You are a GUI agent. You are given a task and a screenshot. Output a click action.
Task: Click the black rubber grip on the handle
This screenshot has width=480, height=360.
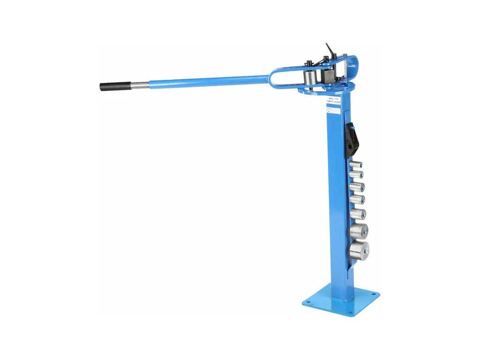[x=111, y=86]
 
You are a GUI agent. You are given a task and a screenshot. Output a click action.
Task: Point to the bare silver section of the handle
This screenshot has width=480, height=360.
[x=135, y=84]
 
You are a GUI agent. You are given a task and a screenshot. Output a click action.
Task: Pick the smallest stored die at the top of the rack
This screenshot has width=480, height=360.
[x=357, y=165]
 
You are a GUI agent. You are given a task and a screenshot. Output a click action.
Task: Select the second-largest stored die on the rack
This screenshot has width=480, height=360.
[x=359, y=231]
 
